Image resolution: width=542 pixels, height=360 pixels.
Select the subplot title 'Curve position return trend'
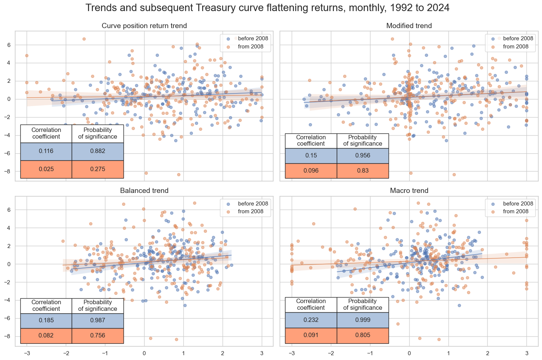(x=144, y=26)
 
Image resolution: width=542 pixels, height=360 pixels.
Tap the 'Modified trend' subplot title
(x=409, y=26)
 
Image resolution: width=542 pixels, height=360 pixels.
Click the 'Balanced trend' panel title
(x=144, y=191)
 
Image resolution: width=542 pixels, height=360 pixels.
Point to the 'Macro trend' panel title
(x=409, y=191)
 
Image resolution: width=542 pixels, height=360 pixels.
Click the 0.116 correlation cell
(x=46, y=151)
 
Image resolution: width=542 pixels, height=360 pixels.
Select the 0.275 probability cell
(x=98, y=169)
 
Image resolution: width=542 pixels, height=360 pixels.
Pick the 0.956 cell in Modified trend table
(x=363, y=156)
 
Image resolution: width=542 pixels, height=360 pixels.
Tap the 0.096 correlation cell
(x=311, y=171)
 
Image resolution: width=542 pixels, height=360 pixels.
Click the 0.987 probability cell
(x=98, y=320)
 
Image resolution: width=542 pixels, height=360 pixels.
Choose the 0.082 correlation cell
(x=46, y=336)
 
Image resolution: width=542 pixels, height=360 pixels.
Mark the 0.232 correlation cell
(x=311, y=320)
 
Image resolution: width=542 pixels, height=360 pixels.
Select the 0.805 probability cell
(x=363, y=335)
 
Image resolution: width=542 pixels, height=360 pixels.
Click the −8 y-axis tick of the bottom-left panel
(x=9, y=336)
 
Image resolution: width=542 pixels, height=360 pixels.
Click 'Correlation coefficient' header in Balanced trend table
(x=46, y=305)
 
